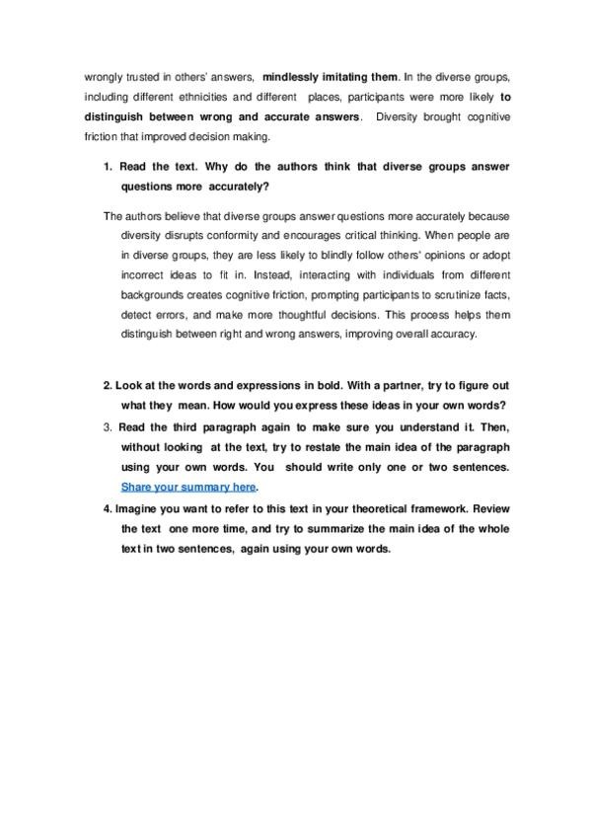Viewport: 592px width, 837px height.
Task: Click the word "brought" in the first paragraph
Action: click(436, 119)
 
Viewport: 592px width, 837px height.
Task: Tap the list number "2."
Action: click(109, 386)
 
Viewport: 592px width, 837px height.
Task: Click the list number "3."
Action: click(109, 426)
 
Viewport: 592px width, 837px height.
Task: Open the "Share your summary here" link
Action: click(188, 487)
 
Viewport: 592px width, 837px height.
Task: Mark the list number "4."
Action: click(108, 510)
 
